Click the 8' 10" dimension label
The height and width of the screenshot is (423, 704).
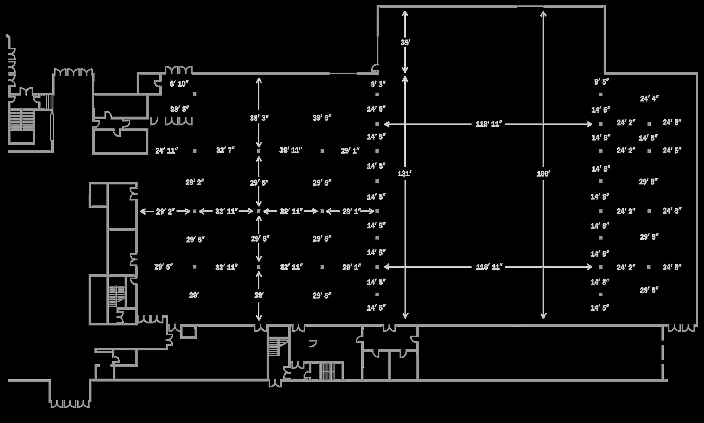[179, 84]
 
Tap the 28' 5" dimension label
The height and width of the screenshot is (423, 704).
[180, 109]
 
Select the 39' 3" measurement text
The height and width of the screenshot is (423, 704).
[259, 118]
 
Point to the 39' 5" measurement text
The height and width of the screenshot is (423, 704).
[322, 118]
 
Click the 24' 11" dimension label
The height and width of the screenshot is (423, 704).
[166, 150]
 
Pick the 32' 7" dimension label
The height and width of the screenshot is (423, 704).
[225, 150]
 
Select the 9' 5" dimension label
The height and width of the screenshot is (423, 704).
[601, 82]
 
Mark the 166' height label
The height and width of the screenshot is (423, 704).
[543, 174]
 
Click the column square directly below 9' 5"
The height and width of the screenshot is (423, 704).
[600, 94]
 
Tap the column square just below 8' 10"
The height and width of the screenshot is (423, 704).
[195, 94]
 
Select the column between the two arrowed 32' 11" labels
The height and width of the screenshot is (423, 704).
[259, 211]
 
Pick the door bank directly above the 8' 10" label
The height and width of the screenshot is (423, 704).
[179, 70]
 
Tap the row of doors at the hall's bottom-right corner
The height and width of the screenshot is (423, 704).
[681, 329]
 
